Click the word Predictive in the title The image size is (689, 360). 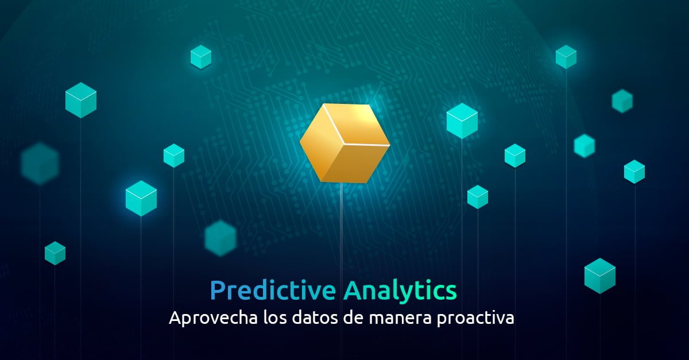[273, 291]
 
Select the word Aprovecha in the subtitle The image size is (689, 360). [214, 318]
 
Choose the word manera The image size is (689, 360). [400, 319]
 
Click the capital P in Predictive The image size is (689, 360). [218, 291]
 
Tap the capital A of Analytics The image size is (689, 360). [354, 291]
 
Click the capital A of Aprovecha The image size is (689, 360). [177, 318]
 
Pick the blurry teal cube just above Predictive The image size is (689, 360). [220, 238]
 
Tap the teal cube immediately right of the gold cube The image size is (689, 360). [462, 121]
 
